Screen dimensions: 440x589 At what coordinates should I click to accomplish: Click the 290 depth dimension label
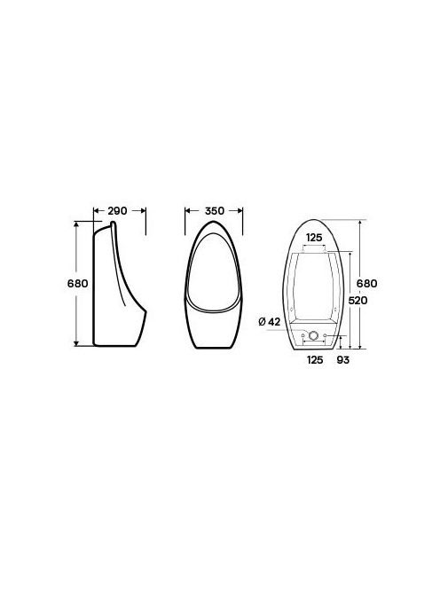[117, 211]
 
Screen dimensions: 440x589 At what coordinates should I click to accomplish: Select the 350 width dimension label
[214, 211]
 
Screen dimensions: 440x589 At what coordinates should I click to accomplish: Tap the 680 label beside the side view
[78, 283]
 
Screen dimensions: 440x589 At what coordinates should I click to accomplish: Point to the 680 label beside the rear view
[366, 283]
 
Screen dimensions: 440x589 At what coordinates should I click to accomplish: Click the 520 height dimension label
[357, 300]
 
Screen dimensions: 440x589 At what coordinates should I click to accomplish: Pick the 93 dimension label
[342, 360]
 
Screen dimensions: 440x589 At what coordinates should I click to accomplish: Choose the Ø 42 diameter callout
[270, 321]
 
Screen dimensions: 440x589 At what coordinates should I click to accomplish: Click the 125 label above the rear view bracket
[314, 238]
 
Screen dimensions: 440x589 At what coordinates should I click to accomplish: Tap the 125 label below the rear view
[315, 360]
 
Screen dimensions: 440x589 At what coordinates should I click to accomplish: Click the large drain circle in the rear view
[313, 335]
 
